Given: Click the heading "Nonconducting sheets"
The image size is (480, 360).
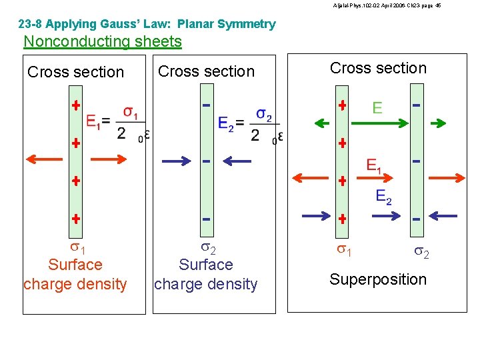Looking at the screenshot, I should click(x=103, y=41).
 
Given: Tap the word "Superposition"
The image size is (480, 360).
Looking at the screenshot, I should click(x=378, y=279).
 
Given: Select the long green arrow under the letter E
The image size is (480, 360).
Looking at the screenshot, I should click(x=377, y=123).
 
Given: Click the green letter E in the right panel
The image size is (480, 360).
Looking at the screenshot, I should click(x=377, y=107).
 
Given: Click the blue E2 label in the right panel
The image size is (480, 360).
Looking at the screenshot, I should click(x=384, y=196).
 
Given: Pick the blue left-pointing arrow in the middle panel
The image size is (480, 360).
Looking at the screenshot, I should click(x=237, y=160).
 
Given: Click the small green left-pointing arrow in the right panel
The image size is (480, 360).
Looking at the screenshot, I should click(x=323, y=123).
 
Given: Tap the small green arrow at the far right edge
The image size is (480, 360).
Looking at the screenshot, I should click(x=439, y=123).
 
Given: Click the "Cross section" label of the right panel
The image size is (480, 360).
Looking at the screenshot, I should click(x=378, y=68).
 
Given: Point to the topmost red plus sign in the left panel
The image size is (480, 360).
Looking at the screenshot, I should click(x=76, y=105).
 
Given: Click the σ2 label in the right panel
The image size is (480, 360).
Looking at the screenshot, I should click(x=421, y=252).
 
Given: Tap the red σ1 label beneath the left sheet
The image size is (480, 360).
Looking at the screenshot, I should click(x=75, y=249).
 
